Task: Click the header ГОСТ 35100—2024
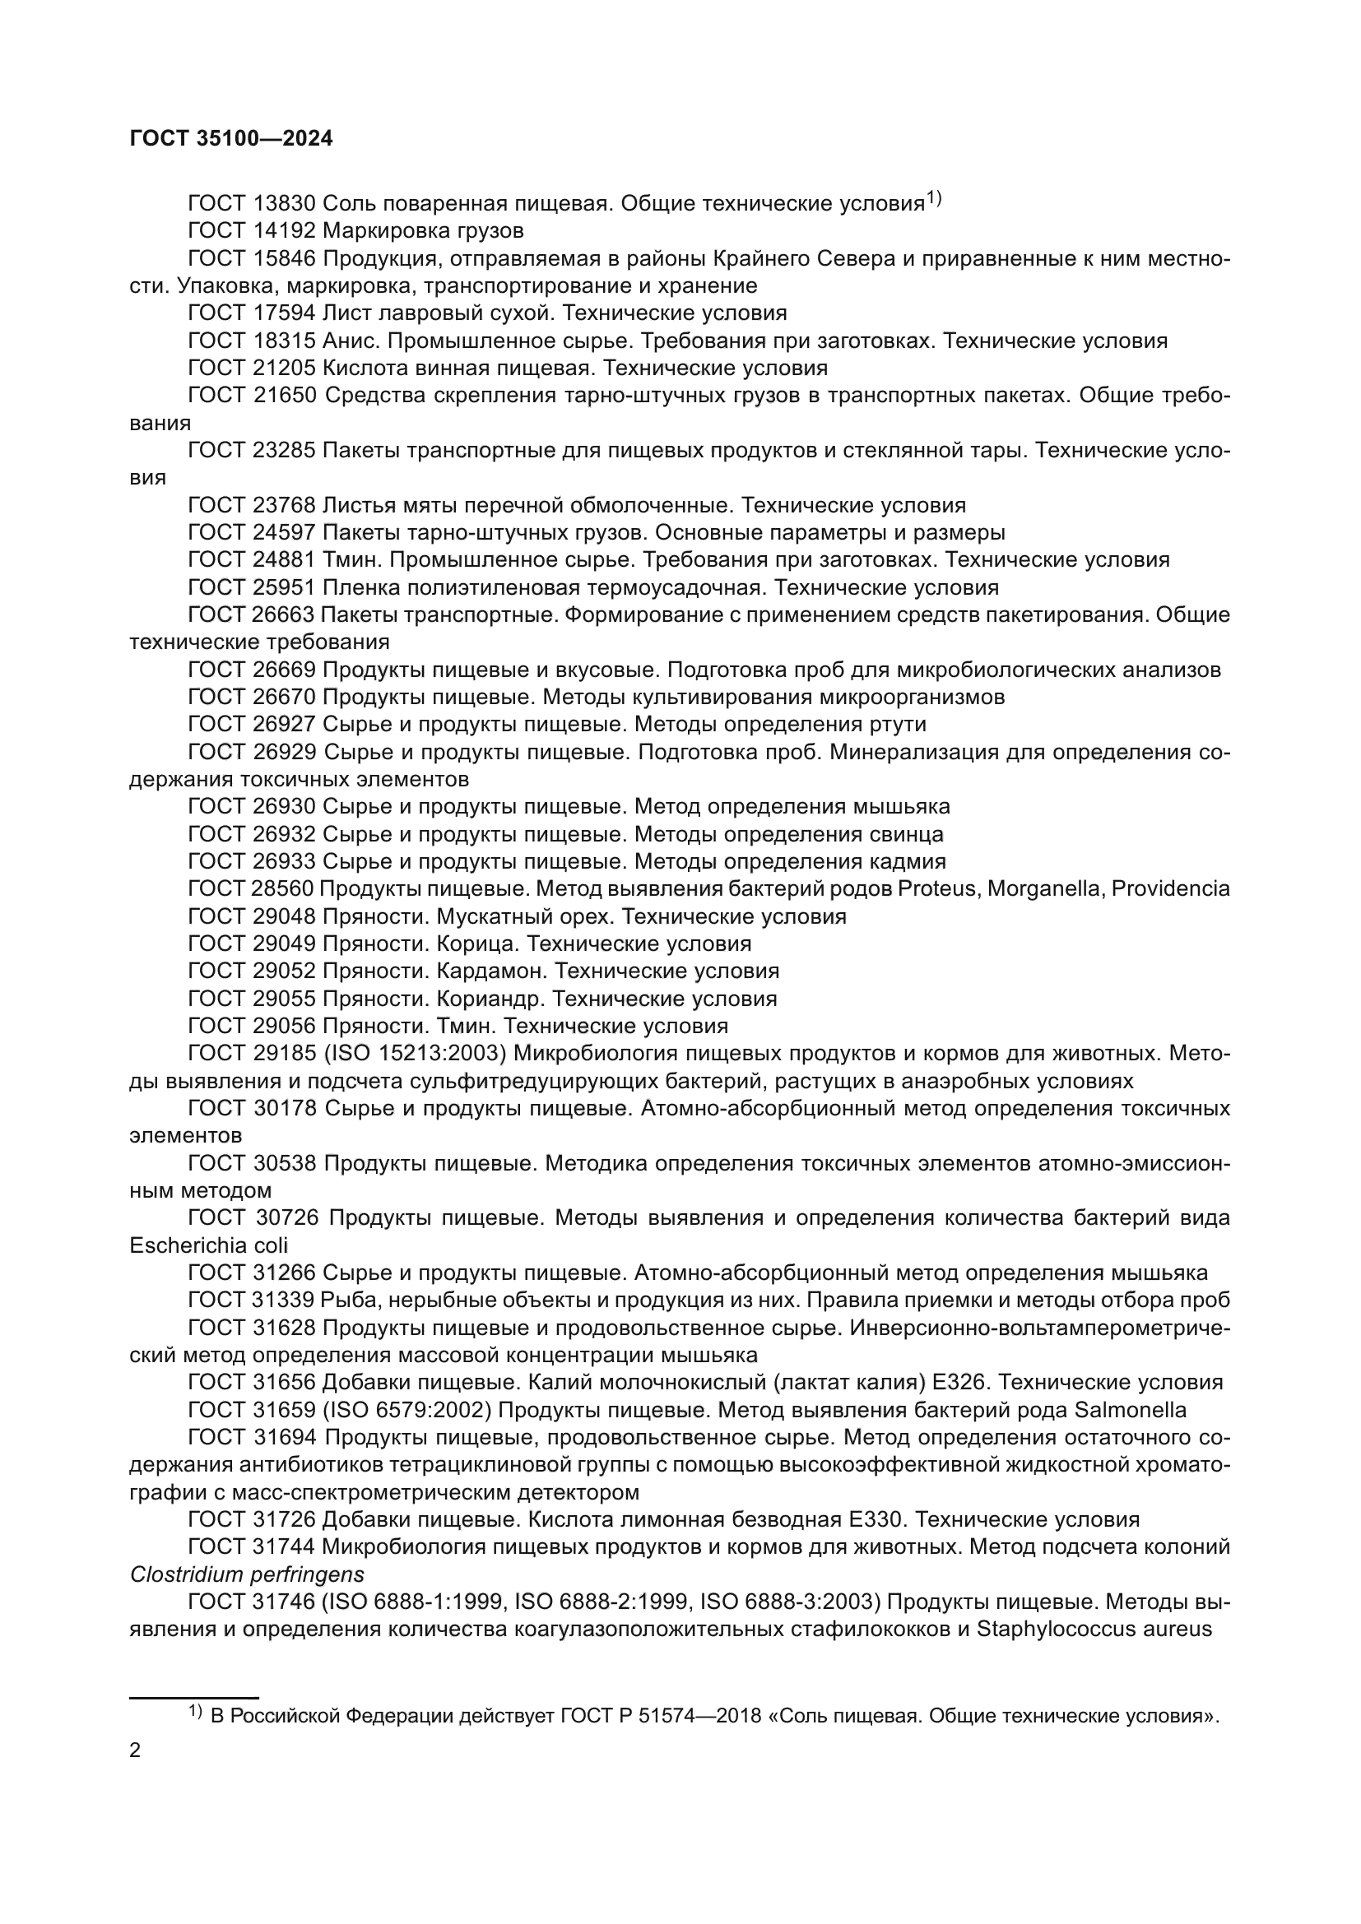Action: tap(231, 139)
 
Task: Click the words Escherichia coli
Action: tap(209, 1245)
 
